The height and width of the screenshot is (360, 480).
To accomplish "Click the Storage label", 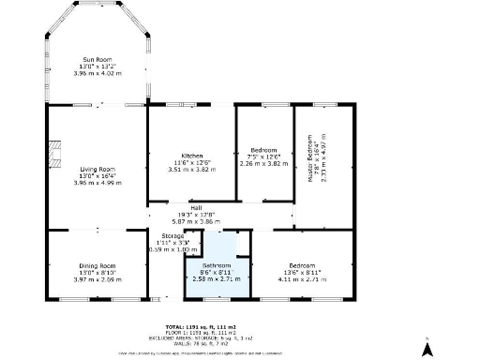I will coord(172,235).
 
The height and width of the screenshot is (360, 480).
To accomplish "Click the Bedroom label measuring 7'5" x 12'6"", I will coord(263,150).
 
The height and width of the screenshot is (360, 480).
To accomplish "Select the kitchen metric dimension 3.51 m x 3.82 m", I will coord(192,169).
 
